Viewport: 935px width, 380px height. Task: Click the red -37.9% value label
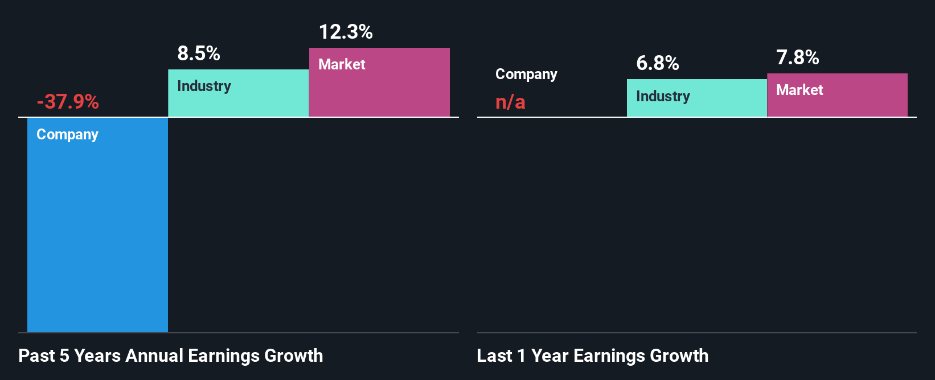[68, 102]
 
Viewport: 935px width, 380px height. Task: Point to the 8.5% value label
[199, 53]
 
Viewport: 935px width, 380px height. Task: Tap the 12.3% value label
[346, 32]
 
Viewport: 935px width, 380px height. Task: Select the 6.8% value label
[657, 63]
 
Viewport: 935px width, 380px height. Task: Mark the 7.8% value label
[797, 57]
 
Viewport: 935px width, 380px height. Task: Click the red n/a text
[510, 102]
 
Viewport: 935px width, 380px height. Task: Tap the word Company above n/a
[526, 75]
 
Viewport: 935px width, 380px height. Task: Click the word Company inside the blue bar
[67, 135]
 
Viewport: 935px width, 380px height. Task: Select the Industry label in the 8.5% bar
[204, 86]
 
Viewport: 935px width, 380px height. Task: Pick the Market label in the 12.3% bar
[342, 64]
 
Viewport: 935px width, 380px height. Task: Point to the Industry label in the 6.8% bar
[663, 97]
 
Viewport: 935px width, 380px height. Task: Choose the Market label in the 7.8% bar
[799, 90]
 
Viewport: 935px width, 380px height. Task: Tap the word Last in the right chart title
[494, 356]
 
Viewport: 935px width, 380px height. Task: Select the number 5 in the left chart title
[64, 356]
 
